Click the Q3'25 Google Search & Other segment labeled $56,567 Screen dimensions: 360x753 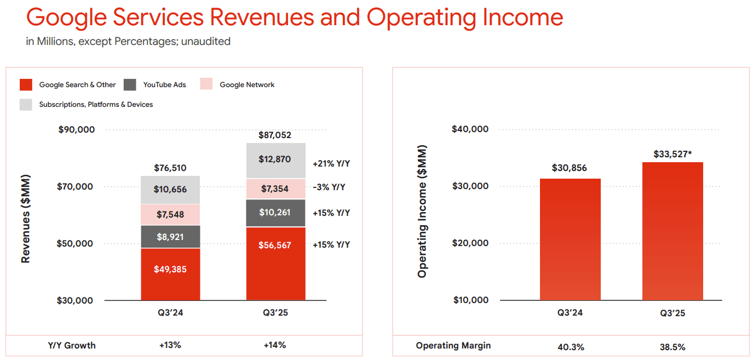275,264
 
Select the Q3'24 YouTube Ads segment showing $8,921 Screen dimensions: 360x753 170,237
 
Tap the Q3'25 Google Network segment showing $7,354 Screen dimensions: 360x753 275,188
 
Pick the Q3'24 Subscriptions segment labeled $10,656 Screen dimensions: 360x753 170,190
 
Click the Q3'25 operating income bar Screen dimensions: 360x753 672,231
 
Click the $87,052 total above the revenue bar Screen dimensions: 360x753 274,135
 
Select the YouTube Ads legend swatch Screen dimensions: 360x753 130,85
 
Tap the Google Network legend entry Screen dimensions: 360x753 247,85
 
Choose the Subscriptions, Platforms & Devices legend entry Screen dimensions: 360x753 96,104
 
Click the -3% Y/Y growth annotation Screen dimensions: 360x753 329,187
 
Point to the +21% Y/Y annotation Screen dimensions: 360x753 331,163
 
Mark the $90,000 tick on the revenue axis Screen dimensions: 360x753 76,130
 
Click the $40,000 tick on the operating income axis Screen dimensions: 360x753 470,129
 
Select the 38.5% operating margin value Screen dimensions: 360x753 672,347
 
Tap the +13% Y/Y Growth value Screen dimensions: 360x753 170,345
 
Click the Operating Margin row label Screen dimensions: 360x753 453,346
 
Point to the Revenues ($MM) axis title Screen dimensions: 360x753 26,219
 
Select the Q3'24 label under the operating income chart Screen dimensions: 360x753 570,313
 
